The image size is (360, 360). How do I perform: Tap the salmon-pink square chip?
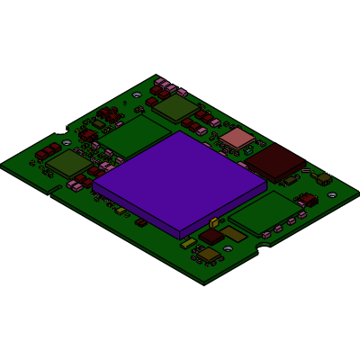tap(238, 138)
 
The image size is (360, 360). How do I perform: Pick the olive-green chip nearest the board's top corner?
tap(175, 108)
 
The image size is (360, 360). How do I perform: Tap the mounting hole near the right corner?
tap(331, 195)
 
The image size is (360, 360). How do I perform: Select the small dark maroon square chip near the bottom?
tap(211, 236)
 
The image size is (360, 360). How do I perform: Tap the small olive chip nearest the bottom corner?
tap(209, 255)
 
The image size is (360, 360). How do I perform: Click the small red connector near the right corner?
tap(307, 199)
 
